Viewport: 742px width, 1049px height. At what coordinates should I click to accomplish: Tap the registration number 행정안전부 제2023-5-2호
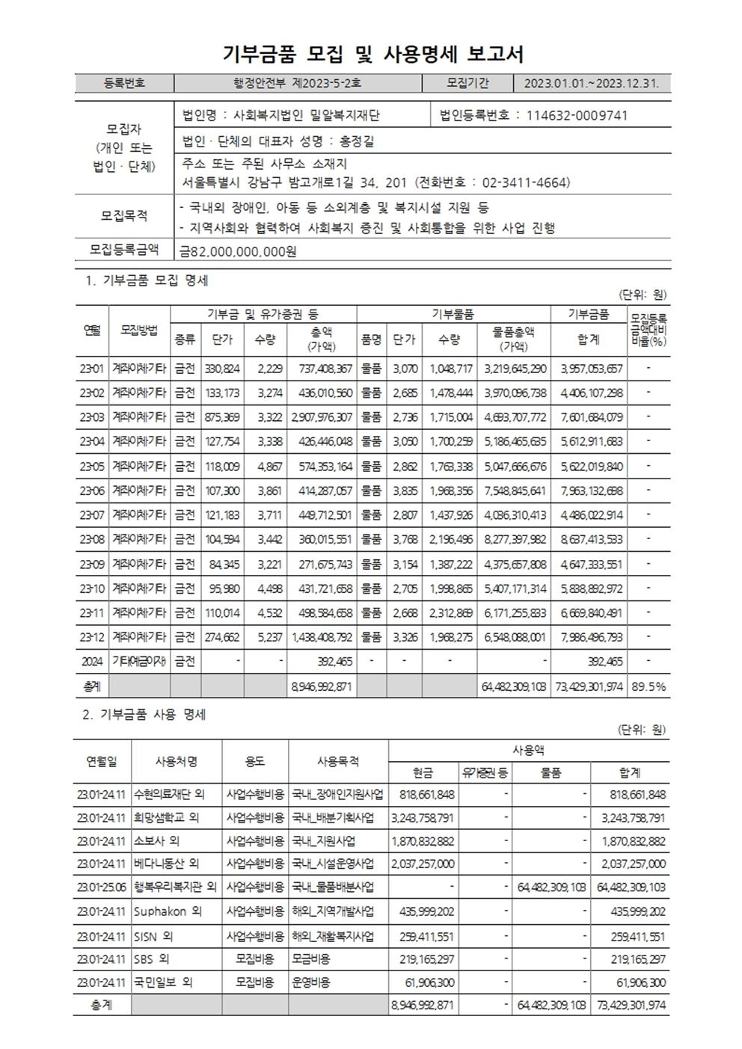(298, 83)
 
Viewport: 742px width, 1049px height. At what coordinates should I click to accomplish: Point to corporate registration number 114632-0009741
(577, 115)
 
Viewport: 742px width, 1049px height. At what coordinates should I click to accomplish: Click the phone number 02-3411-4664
(519, 182)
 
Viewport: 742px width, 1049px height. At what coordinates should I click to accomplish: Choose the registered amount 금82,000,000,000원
(238, 251)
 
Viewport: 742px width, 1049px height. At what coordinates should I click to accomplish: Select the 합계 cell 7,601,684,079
(591, 416)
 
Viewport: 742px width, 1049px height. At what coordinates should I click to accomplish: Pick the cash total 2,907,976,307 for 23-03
(317, 416)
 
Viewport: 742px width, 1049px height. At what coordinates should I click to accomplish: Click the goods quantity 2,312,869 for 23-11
(450, 612)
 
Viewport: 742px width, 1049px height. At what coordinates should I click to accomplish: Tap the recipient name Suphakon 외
(167, 911)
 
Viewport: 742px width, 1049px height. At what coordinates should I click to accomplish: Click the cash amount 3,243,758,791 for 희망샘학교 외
(423, 817)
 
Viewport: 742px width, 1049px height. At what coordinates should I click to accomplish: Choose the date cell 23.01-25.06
(101, 888)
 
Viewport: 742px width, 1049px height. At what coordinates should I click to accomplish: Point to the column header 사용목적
(338, 762)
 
